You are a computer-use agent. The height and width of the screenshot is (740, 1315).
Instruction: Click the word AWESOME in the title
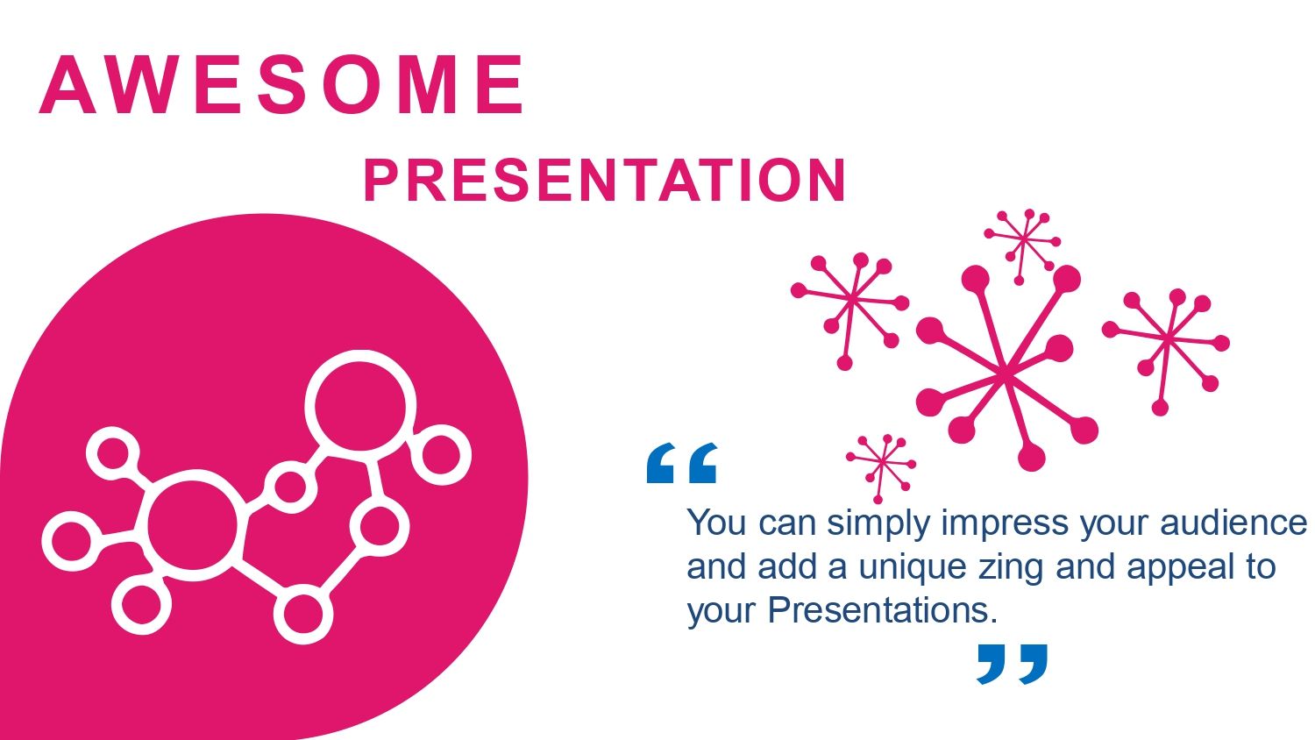pyautogui.click(x=281, y=84)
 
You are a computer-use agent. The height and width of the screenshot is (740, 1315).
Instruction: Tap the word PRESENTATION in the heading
pyautogui.click(x=605, y=181)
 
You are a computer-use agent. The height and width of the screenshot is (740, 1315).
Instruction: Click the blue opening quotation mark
pyautogui.click(x=681, y=463)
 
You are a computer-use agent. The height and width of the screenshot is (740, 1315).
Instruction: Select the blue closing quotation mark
pyautogui.click(x=1012, y=665)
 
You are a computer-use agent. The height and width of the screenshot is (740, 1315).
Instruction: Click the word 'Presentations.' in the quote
pyautogui.click(x=883, y=611)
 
